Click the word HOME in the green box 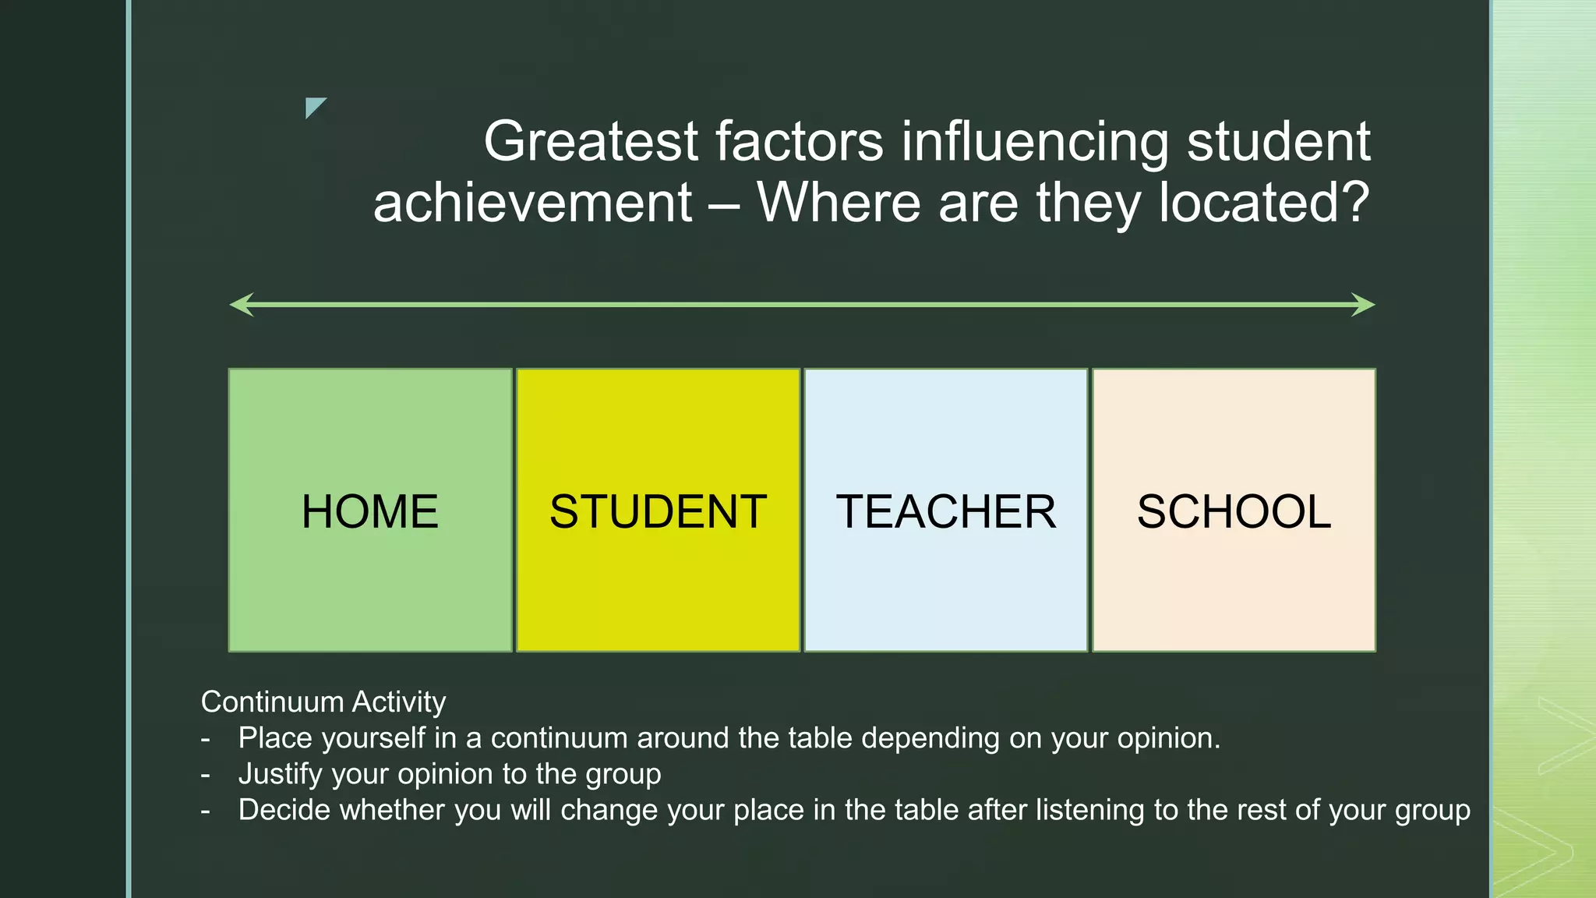369,511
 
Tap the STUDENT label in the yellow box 658,511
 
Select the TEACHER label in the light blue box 945,511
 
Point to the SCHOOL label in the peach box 1234,511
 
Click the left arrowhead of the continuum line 241,305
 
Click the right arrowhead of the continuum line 1364,305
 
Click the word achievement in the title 532,203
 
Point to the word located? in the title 1263,203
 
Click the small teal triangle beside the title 313,106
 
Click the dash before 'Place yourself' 206,738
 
